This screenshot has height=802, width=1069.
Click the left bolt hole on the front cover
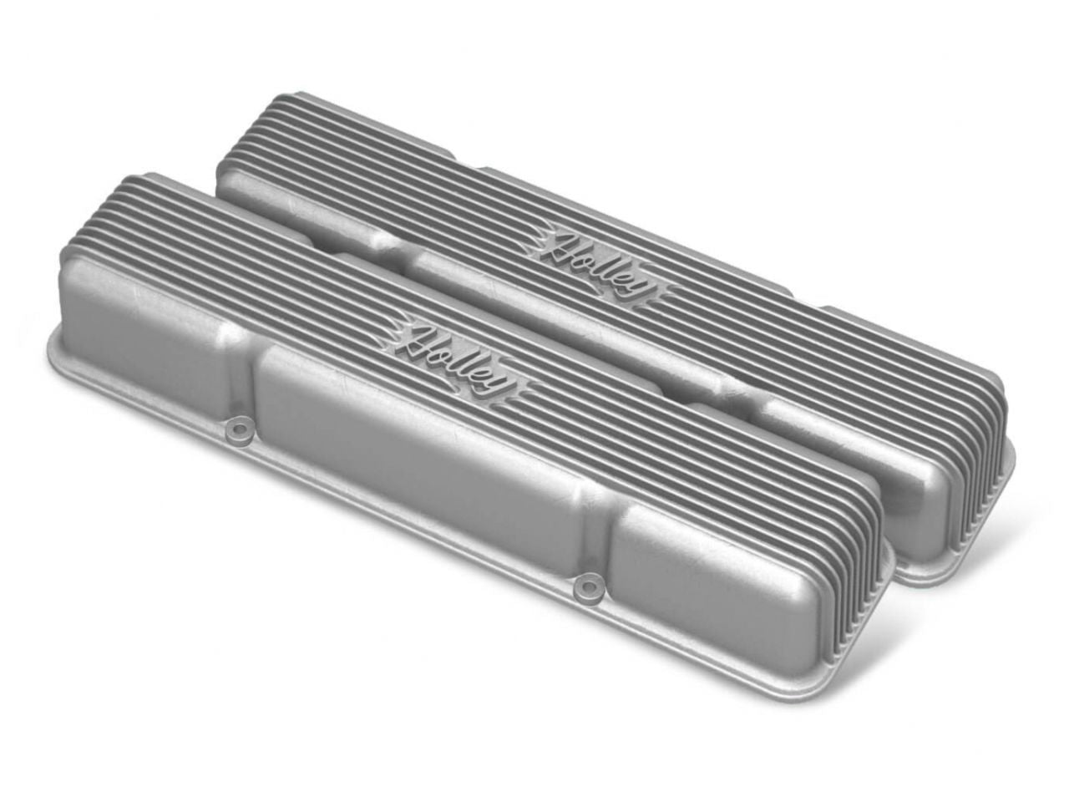[241, 431]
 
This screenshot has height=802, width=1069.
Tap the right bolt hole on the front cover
[591, 587]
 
